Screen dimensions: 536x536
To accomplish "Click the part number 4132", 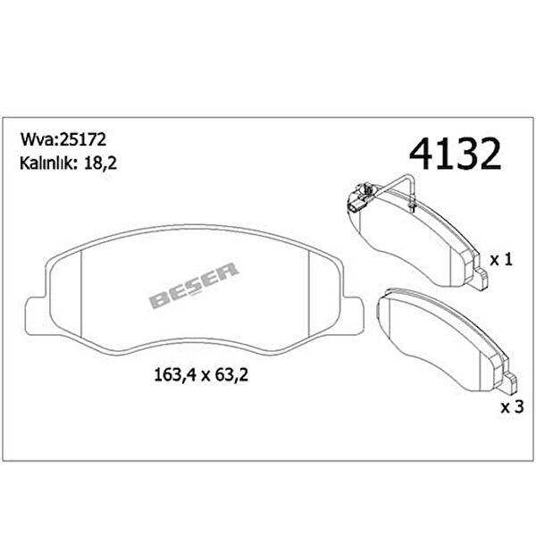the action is pos(455,154).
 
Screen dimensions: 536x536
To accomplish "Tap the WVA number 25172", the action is pos(83,139).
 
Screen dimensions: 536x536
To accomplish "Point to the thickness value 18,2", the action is pos(100,163).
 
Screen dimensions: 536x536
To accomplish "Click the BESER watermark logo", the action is pos(194,285).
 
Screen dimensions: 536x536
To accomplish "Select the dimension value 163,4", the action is pos(175,375).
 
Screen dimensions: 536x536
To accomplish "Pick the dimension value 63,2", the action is pos(231,375).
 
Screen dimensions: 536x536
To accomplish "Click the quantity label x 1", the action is pos(501,260).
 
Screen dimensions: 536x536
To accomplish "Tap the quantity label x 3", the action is pos(512,406).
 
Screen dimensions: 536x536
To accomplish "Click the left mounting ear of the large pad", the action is pos(36,316).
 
